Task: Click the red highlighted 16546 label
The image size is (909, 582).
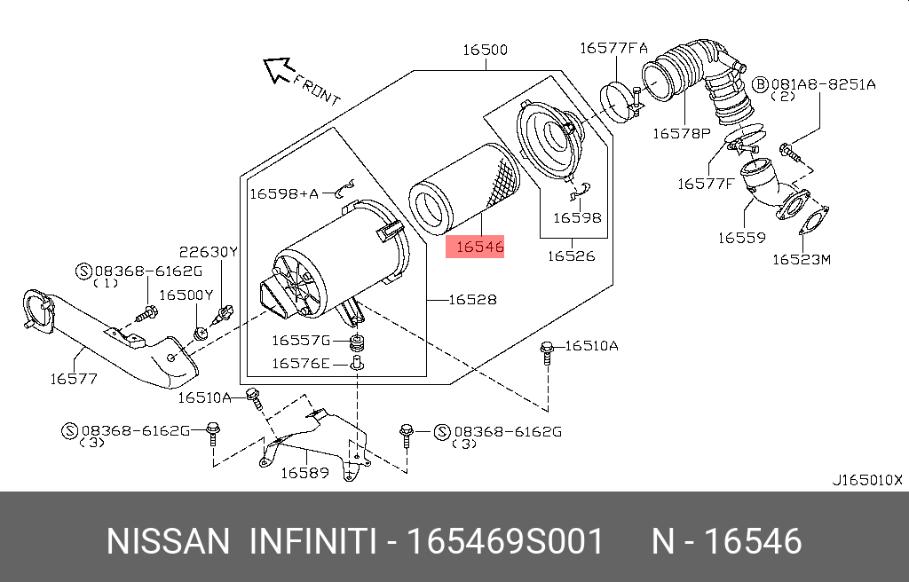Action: point(478,247)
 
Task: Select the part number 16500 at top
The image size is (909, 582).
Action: point(485,50)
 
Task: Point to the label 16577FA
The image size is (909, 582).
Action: point(613,49)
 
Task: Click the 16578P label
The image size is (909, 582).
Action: point(681,133)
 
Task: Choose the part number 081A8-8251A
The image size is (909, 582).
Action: point(823,84)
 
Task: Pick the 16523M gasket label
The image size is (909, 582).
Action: point(801,259)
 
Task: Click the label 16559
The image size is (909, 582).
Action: point(741,238)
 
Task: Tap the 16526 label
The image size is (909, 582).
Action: point(570,256)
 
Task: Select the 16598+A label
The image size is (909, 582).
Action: point(283,193)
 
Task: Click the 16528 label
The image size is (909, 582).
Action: point(471,300)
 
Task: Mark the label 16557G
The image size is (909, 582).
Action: point(300,340)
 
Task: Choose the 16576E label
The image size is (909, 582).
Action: point(300,362)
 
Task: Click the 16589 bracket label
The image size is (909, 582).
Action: point(304,473)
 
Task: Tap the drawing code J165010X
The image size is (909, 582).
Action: point(866,480)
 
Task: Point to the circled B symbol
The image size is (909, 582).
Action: point(760,84)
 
